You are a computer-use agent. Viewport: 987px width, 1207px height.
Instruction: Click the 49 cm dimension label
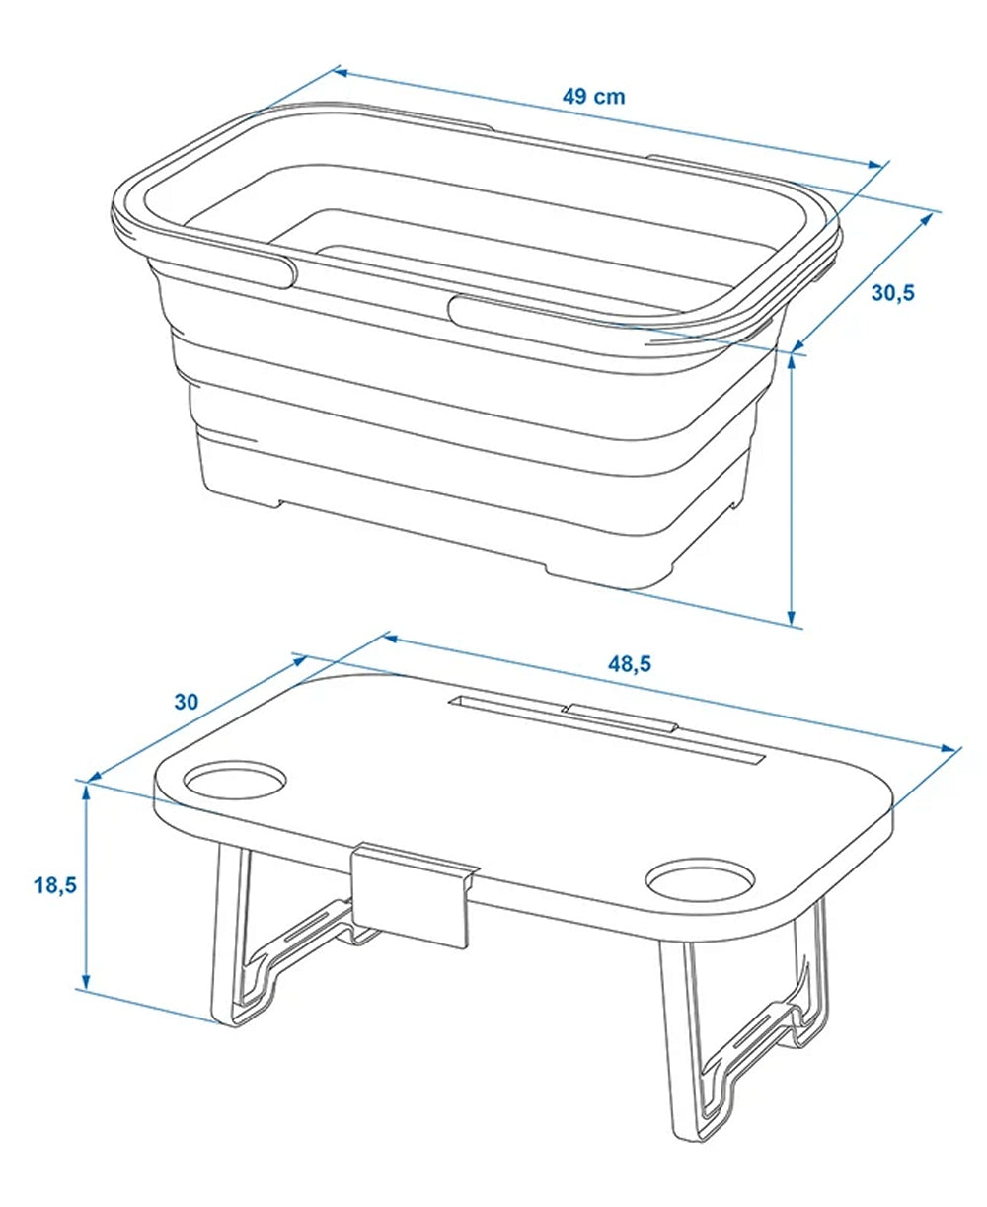click(593, 97)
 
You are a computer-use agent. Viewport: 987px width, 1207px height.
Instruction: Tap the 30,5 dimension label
click(893, 292)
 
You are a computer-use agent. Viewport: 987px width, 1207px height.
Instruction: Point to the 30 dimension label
click(187, 702)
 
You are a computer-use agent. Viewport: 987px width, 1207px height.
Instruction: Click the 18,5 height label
click(55, 884)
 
